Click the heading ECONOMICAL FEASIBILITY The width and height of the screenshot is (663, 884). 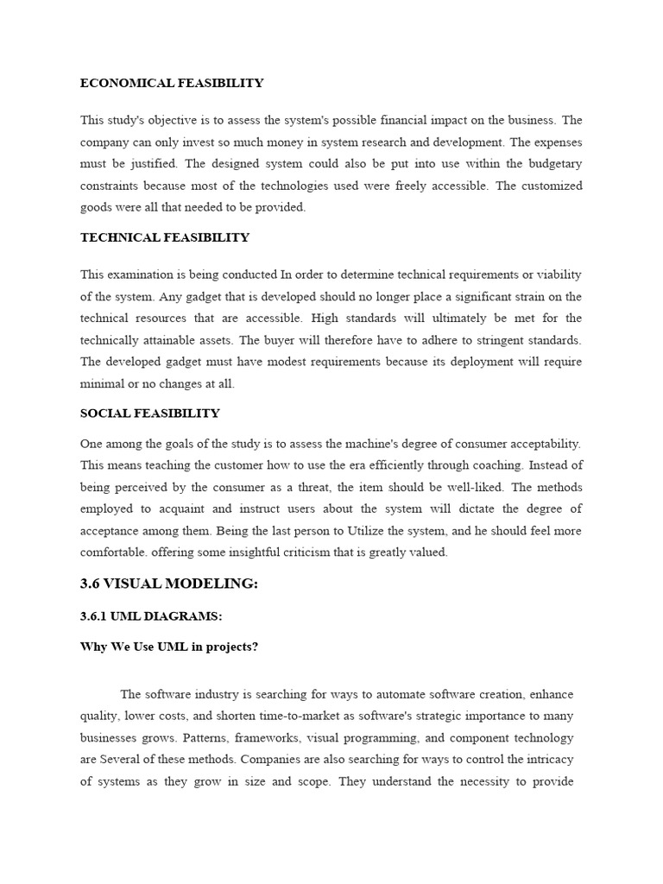tap(172, 84)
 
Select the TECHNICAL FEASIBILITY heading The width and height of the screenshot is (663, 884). tap(165, 237)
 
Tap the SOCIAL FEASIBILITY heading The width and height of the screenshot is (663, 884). tap(150, 414)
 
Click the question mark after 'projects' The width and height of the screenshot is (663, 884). tap(255, 647)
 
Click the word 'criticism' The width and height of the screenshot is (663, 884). tap(310, 552)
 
